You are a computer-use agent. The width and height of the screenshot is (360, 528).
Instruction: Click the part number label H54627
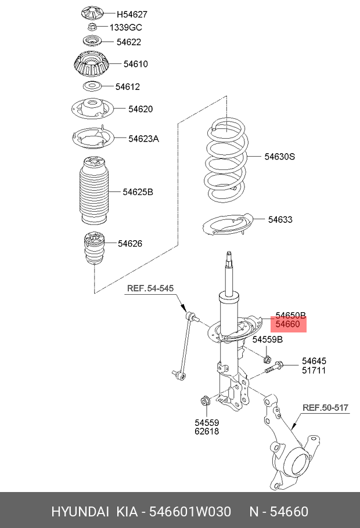click(132, 14)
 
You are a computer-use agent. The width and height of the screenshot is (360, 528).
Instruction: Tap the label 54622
click(128, 42)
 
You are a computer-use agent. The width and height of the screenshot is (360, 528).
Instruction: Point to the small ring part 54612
click(91, 86)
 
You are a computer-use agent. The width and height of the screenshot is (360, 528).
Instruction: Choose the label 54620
click(141, 109)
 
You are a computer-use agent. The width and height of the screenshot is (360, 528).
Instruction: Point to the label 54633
click(280, 219)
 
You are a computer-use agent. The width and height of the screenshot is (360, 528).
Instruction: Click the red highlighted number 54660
click(287, 325)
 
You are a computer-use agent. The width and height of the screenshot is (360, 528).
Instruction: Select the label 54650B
click(290, 314)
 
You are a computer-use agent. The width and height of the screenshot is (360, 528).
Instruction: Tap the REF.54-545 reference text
click(150, 288)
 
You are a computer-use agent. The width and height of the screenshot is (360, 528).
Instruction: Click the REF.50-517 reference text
click(326, 408)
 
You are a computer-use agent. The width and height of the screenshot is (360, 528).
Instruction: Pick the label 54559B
click(267, 339)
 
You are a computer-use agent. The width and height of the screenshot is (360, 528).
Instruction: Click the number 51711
click(314, 370)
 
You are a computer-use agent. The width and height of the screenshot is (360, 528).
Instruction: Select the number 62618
click(207, 431)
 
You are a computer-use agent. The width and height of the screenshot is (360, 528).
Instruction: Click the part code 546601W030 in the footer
click(191, 511)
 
